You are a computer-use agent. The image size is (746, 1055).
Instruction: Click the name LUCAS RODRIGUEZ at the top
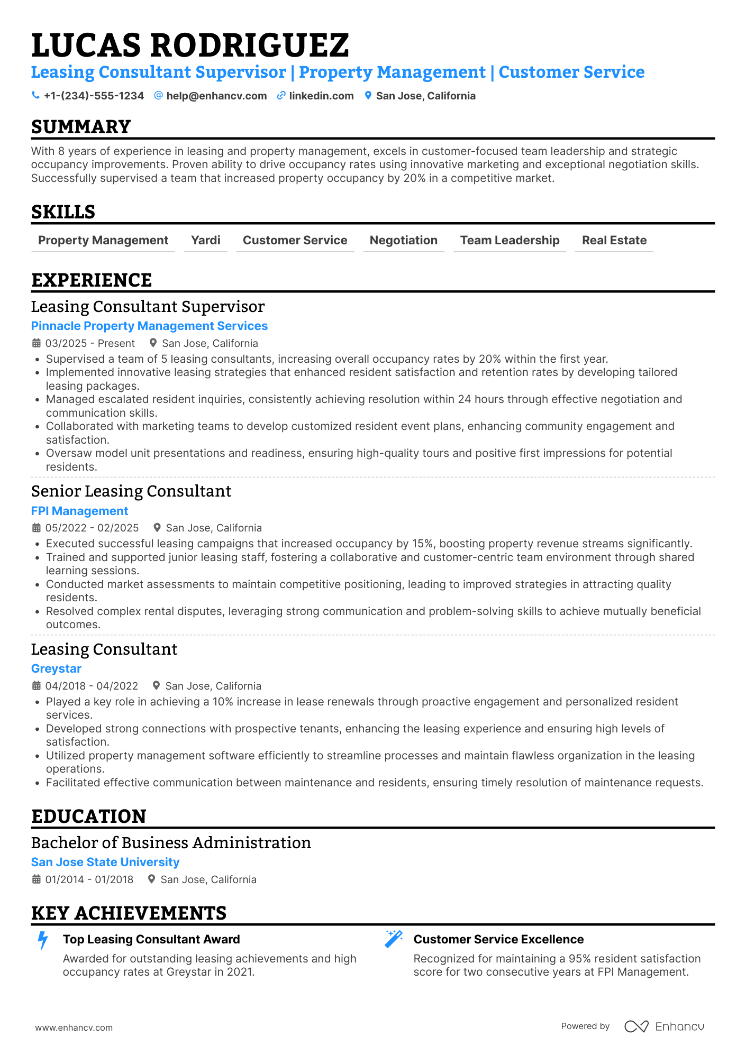click(x=190, y=45)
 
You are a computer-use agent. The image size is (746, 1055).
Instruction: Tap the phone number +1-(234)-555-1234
click(x=94, y=96)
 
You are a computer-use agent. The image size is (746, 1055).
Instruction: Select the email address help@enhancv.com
click(x=216, y=96)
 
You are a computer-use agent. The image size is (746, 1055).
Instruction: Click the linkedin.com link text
click(x=321, y=96)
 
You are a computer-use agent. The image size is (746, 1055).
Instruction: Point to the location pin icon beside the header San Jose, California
click(x=368, y=96)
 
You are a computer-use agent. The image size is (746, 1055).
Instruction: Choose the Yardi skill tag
click(x=205, y=241)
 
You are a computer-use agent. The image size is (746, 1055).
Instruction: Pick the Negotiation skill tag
click(x=403, y=241)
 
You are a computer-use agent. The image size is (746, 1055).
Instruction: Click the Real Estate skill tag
click(x=614, y=241)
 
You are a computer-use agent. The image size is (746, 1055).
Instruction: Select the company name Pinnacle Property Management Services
click(x=149, y=326)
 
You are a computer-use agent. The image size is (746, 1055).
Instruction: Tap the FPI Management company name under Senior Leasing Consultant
click(x=79, y=511)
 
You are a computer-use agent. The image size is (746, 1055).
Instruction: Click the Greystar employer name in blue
click(x=56, y=669)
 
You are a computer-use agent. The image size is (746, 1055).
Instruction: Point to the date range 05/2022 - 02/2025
click(x=92, y=528)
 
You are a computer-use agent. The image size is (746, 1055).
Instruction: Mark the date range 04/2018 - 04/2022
click(x=92, y=686)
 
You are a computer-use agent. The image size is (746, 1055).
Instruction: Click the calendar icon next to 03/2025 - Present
click(x=37, y=343)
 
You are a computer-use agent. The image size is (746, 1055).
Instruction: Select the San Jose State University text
click(x=105, y=863)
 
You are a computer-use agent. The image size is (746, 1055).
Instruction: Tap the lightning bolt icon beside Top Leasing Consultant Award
click(x=43, y=941)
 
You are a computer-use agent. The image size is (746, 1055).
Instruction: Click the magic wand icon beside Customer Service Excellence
click(x=394, y=940)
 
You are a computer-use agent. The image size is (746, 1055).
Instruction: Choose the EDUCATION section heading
click(x=88, y=817)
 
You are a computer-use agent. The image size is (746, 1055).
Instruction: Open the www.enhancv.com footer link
click(x=74, y=1028)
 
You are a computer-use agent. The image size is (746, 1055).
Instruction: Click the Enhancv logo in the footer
click(x=664, y=1026)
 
